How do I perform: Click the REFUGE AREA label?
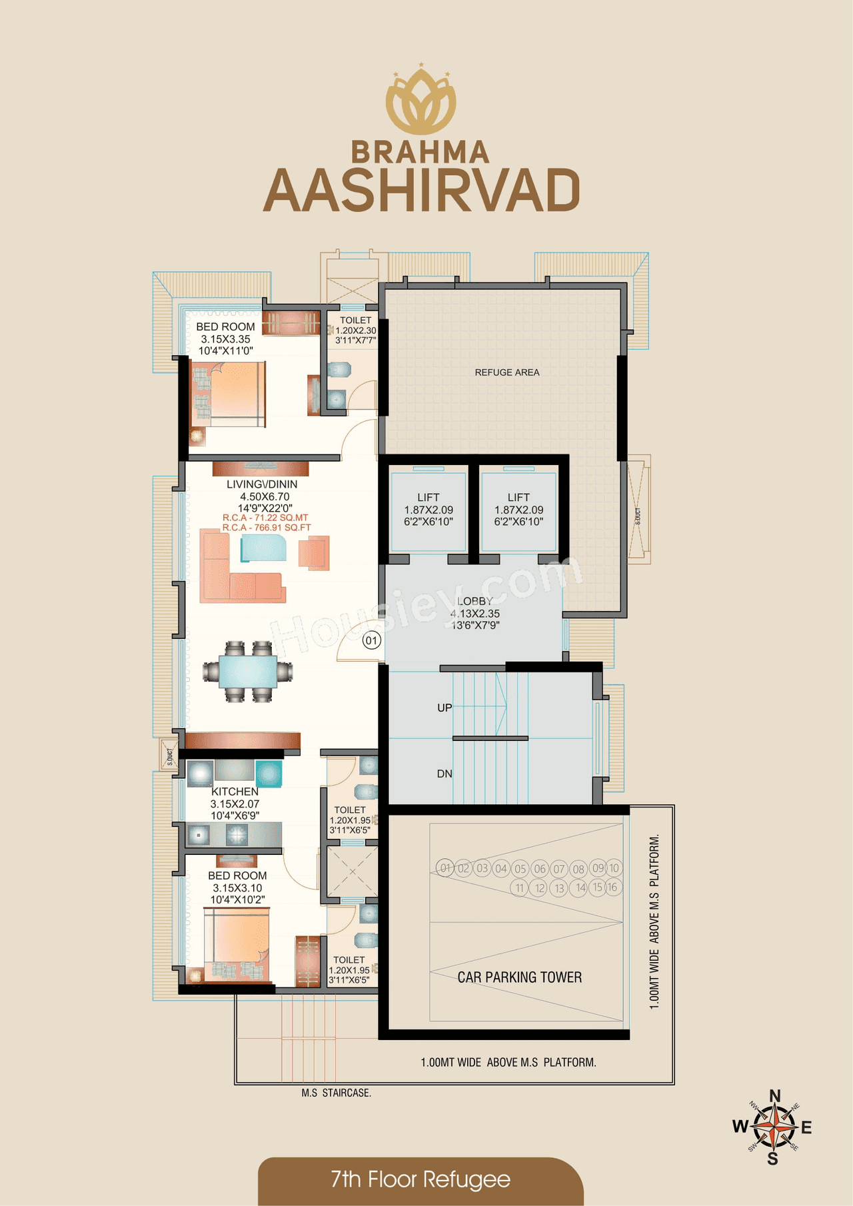507,372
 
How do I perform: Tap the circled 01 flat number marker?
371,641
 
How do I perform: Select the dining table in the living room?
248,671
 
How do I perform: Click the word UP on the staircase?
444,708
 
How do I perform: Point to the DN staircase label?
444,774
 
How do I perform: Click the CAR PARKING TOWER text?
519,977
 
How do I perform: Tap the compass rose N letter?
774,1097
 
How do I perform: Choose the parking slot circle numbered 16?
612,888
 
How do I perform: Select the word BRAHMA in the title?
421,153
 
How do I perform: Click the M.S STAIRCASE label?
336,1093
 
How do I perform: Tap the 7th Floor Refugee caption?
421,1180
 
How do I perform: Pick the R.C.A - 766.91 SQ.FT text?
267,528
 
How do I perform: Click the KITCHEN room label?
235,792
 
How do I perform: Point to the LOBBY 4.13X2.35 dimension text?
475,614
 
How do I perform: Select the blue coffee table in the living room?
263,548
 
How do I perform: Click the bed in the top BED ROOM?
229,393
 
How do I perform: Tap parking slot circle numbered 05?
520,869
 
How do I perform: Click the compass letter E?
806,1127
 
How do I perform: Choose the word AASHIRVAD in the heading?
421,191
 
